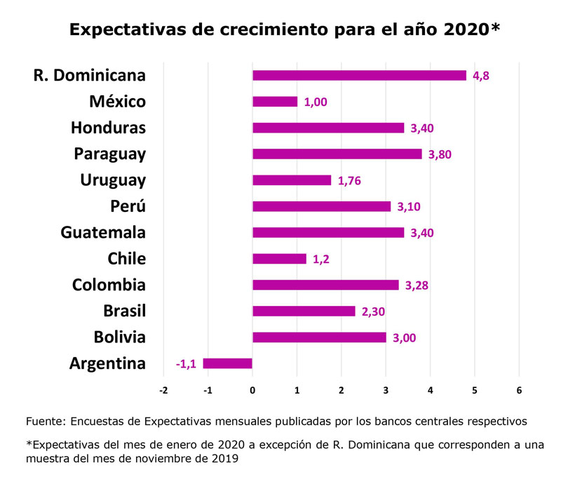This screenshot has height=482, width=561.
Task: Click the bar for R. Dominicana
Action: (359, 76)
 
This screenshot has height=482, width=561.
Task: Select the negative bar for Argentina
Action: (227, 363)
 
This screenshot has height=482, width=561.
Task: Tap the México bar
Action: (275, 102)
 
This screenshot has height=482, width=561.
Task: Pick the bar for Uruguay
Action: (292, 180)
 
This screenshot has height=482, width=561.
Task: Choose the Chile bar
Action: (279, 259)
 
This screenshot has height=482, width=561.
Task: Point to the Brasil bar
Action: (304, 312)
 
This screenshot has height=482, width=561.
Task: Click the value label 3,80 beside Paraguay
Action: (440, 154)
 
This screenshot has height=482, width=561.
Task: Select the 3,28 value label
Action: (417, 286)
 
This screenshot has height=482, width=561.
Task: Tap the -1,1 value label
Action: (186, 364)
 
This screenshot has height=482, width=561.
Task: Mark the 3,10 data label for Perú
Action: (409, 207)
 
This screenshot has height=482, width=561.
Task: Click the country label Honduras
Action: (109, 128)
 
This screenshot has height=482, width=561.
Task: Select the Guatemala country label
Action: (103, 233)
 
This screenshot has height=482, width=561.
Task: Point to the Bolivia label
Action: (120, 337)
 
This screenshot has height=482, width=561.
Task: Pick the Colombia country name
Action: (109, 285)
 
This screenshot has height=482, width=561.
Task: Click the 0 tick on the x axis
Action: (252, 390)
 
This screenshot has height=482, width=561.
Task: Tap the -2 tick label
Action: (163, 390)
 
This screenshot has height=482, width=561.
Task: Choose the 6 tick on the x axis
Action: (519, 390)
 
